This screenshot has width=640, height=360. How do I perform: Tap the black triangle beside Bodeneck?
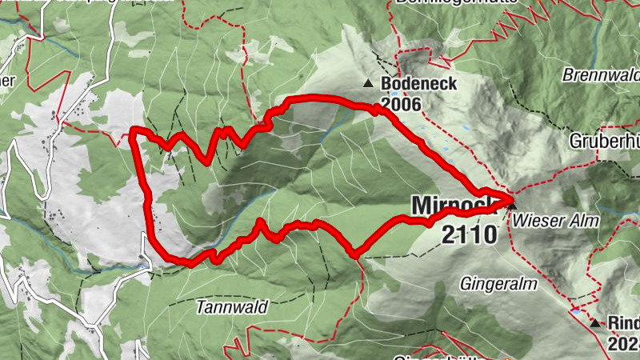[368, 83]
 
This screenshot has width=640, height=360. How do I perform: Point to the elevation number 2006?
[402, 103]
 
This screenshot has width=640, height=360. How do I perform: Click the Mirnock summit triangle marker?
[512, 206]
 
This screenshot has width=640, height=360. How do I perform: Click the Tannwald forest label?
[232, 306]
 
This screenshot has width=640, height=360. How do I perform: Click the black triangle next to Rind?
[595, 324]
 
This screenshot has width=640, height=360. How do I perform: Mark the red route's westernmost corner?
[133, 131]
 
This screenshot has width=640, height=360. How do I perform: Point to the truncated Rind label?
[623, 323]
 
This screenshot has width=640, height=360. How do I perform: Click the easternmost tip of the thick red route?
[511, 198]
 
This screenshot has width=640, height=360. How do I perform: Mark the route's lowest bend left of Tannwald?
[189, 262]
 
